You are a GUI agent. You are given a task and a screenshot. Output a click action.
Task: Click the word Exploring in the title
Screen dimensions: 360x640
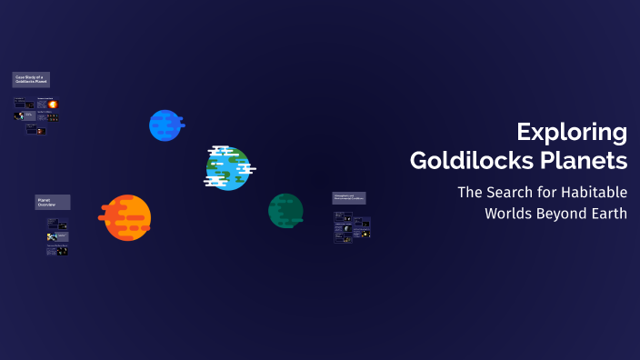tap(572, 133)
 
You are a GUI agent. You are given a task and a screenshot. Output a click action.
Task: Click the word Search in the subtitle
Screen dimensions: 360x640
tap(510, 193)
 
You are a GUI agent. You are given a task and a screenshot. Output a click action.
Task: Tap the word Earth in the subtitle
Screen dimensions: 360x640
tap(607, 214)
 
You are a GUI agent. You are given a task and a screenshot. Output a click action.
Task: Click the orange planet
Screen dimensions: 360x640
tap(126, 218)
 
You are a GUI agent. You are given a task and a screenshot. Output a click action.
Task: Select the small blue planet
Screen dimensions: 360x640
tap(165, 125)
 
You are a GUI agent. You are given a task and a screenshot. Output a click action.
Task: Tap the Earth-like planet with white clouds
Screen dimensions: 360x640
tap(228, 168)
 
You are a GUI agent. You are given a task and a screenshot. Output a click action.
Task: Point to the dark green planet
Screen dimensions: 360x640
tap(285, 211)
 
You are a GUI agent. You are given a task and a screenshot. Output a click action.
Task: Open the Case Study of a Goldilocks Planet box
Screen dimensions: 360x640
tap(31, 80)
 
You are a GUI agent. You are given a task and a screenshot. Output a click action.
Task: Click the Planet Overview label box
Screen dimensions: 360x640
tap(52, 202)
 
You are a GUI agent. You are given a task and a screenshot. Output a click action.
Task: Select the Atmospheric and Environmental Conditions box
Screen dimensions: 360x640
tap(349, 198)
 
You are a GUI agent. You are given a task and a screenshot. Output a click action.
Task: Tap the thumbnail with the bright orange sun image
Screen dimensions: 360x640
tap(52, 105)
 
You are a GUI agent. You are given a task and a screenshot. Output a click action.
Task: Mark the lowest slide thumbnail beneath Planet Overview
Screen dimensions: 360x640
tap(58, 250)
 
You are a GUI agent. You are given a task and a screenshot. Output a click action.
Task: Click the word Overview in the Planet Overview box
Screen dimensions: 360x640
tap(46, 205)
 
